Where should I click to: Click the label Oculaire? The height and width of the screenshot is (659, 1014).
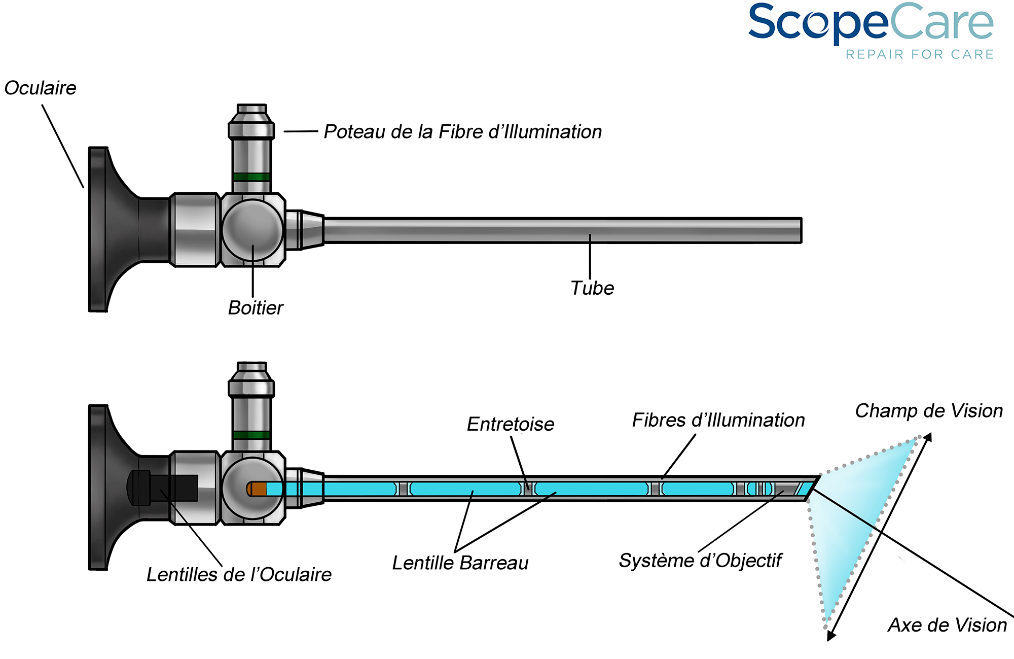tap(41, 88)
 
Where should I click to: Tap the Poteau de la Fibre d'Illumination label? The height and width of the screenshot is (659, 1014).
tap(462, 132)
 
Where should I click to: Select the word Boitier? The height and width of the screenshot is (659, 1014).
tap(256, 308)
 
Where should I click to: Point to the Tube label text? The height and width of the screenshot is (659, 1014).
tap(592, 288)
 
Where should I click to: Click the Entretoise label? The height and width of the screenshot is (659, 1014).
tap(510, 424)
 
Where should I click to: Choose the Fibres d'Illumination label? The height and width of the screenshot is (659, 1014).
tap(718, 420)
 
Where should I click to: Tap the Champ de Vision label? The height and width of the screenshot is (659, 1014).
tap(929, 411)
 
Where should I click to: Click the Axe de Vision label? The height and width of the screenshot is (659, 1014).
tap(947, 625)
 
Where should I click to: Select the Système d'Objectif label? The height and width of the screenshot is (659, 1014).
tap(700, 561)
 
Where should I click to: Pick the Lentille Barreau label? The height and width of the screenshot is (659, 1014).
tap(460, 563)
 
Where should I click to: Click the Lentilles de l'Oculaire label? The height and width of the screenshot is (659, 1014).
tap(239, 575)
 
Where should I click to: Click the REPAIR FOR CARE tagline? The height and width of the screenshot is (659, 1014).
tap(919, 54)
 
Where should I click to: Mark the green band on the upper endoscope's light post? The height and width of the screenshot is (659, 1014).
tap(251, 177)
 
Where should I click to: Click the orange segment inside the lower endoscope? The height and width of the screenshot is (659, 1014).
tap(259, 489)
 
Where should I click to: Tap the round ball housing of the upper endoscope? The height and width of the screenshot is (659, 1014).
tap(252, 229)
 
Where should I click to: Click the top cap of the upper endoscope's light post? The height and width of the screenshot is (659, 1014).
tap(252, 109)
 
